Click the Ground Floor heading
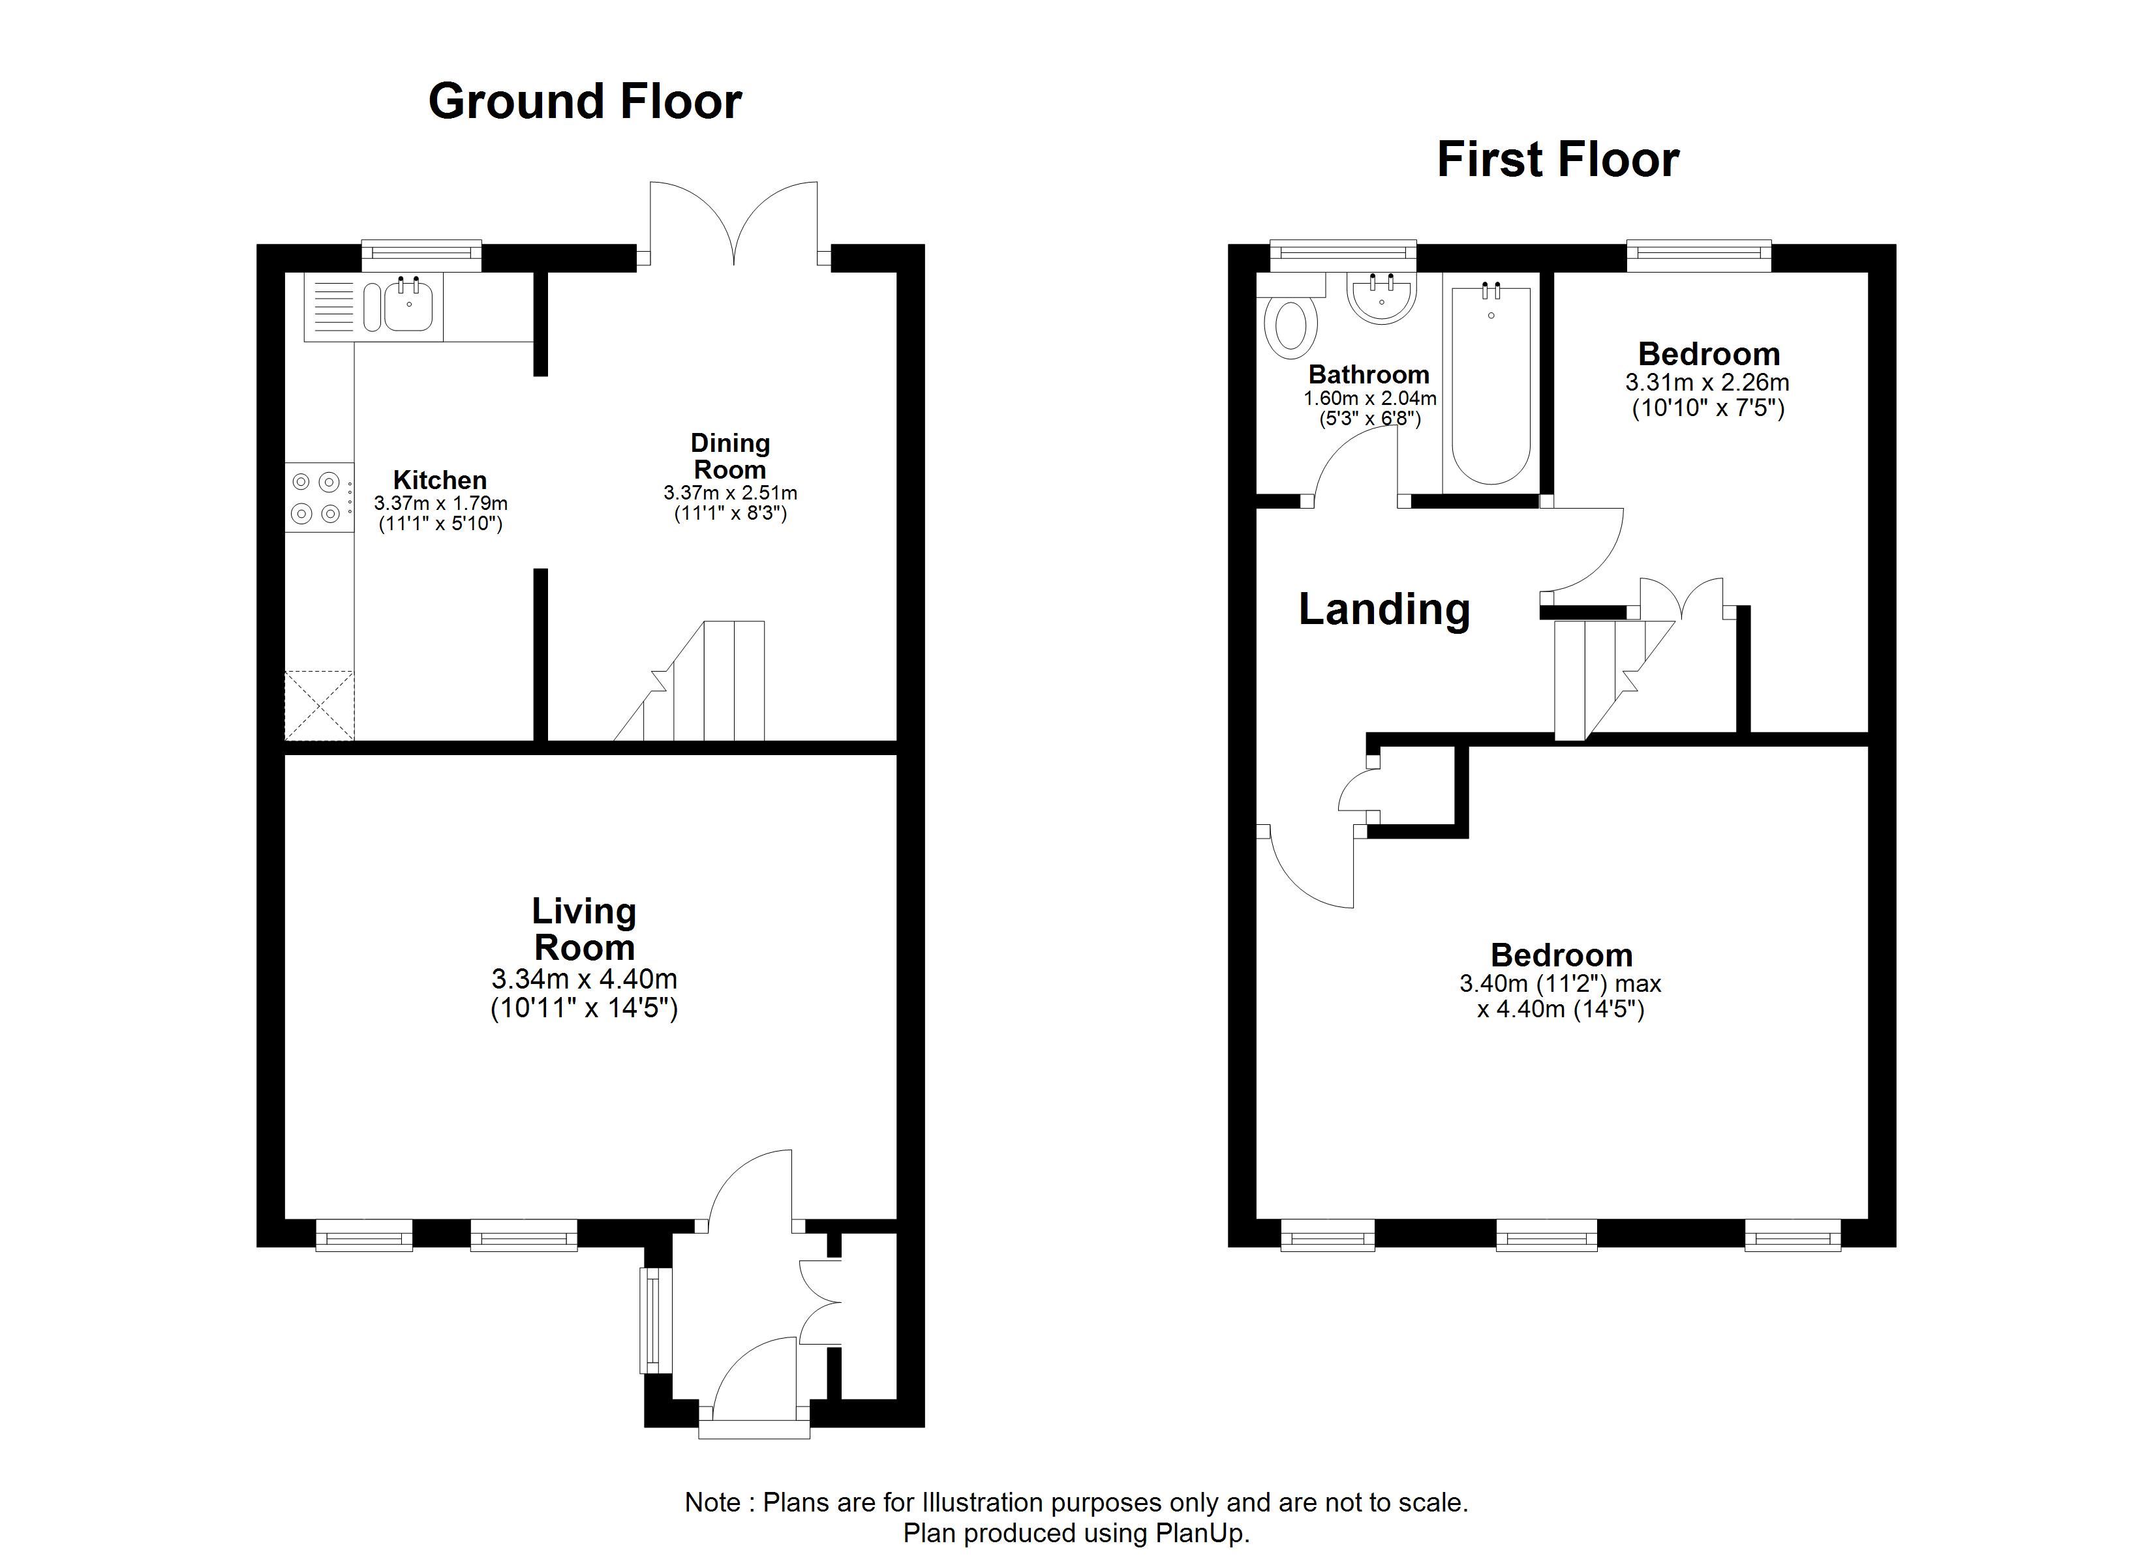[x=585, y=102]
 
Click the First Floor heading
[x=1558, y=160]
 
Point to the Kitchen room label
[x=440, y=480]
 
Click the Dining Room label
[x=730, y=456]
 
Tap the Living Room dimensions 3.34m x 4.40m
[x=585, y=979]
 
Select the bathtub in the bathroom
[x=1490, y=384]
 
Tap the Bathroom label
[x=1369, y=375]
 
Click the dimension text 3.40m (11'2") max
[x=1561, y=984]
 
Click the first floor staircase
[x=1614, y=679]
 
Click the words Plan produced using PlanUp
[x=1076, y=1533]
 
